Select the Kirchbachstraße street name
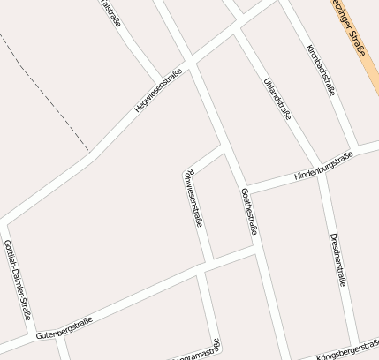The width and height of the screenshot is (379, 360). pos(321,69)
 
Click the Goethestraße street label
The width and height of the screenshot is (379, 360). pos(249,212)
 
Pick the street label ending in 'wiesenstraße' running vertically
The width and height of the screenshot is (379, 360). pos(193,198)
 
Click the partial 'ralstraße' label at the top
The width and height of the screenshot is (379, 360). pos(112,13)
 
